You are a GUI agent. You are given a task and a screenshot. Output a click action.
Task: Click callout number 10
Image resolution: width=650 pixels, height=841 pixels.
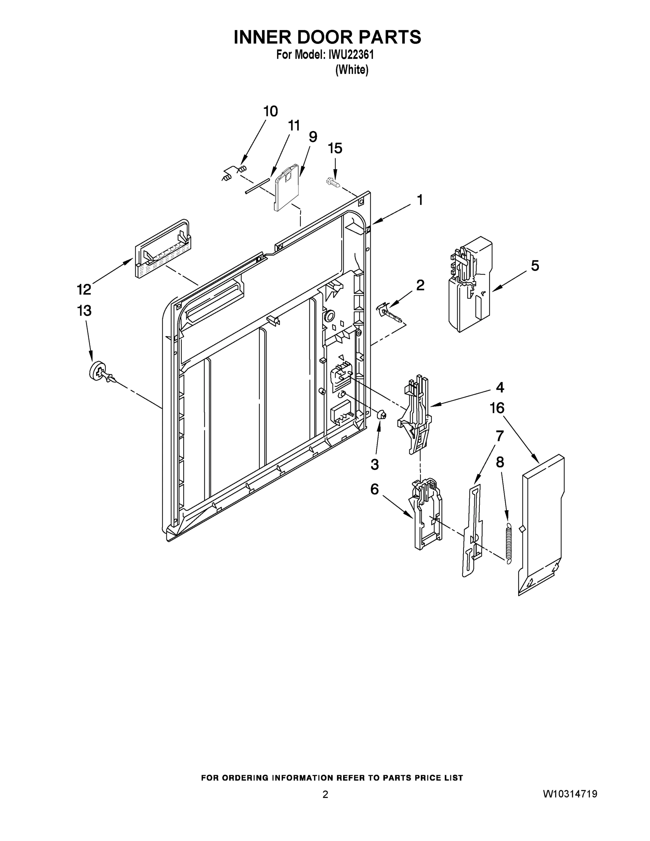270,111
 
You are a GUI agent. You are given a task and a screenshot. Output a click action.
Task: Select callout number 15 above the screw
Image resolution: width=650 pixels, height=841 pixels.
335,148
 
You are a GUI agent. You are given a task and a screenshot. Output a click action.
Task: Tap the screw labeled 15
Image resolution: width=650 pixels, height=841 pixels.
334,182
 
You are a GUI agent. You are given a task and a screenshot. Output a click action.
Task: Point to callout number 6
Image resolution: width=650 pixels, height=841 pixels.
374,490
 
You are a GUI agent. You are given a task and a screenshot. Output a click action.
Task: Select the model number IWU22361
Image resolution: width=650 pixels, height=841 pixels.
351,55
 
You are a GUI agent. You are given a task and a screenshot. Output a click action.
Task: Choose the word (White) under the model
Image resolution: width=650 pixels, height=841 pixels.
351,70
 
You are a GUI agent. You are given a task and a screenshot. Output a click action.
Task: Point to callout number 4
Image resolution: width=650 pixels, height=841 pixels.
499,387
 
